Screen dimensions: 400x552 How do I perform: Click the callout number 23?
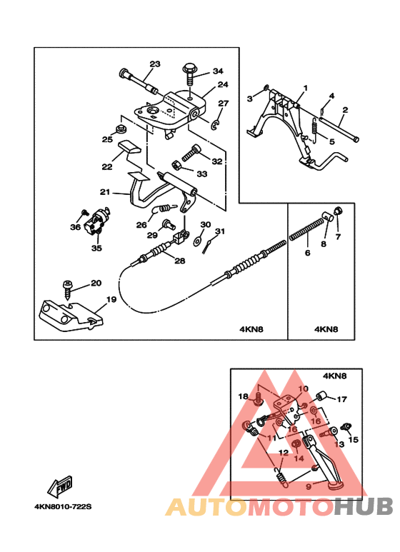(155, 64)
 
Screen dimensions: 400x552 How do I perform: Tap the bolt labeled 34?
(189, 74)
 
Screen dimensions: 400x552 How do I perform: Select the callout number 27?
(224, 104)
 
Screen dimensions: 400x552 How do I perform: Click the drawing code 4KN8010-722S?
(63, 507)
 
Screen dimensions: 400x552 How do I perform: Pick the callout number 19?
(111, 300)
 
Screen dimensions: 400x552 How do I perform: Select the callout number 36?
(75, 227)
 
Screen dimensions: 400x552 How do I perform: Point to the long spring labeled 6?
(306, 229)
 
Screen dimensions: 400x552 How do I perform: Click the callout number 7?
(338, 237)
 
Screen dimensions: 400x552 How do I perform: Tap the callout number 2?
(345, 110)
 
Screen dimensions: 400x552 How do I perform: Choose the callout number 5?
(331, 142)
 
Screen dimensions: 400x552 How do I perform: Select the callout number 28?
(179, 261)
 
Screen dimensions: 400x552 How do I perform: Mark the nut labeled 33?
(176, 165)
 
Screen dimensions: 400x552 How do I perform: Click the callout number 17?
(341, 399)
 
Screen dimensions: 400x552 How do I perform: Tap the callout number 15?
(353, 440)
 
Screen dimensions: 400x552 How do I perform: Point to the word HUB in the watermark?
(363, 507)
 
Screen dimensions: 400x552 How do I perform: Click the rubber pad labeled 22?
(129, 147)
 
